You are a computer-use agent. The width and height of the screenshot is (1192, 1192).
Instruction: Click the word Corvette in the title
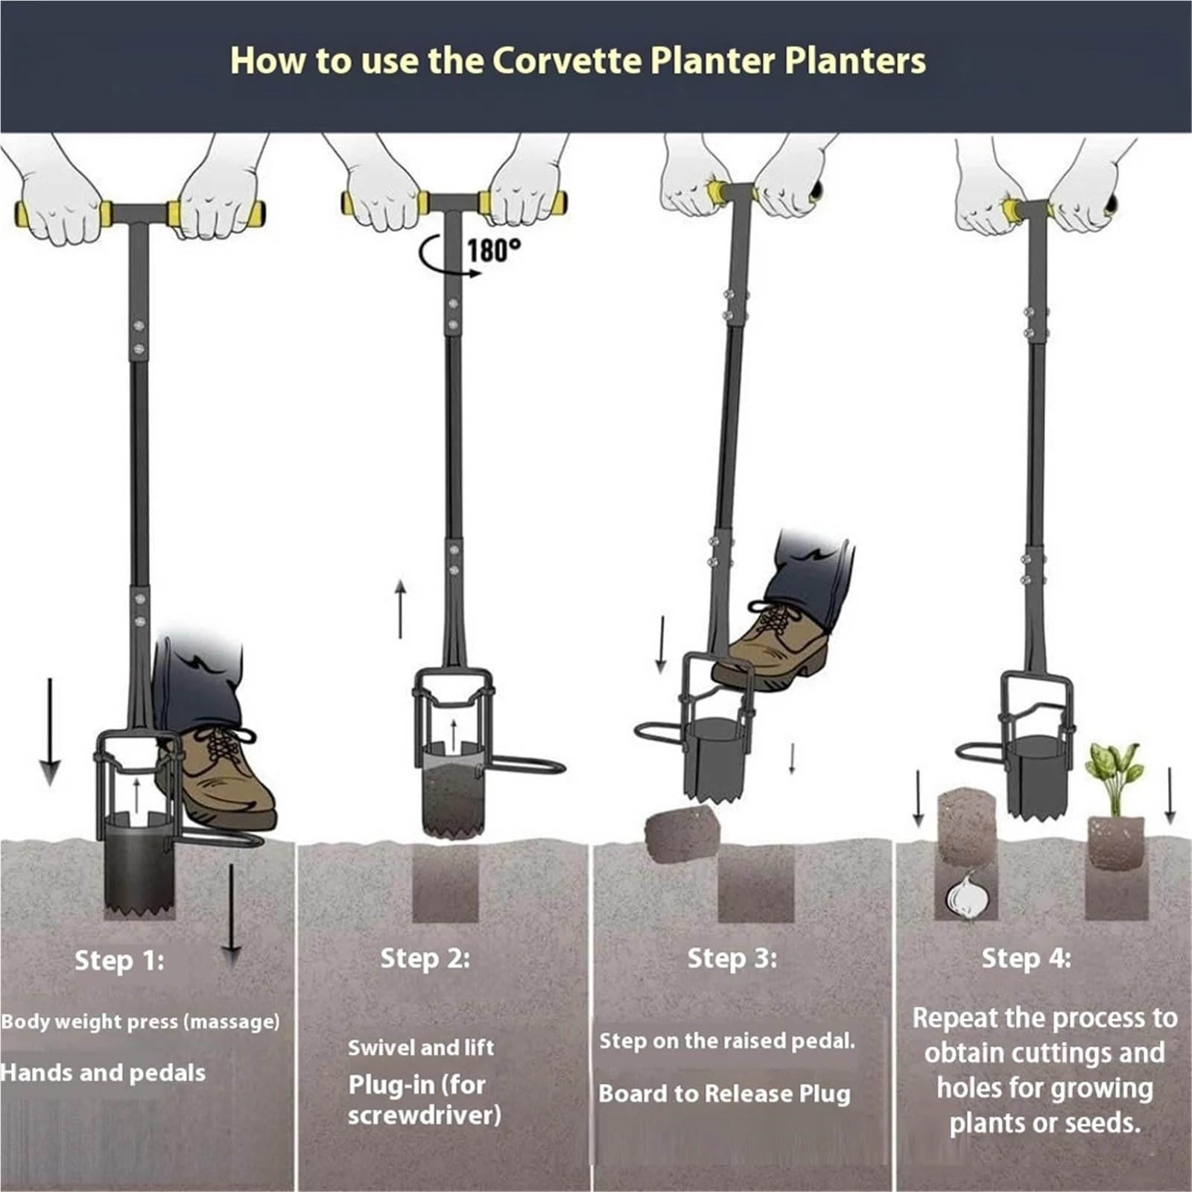point(566,60)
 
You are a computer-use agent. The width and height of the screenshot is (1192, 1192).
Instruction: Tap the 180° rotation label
point(494,250)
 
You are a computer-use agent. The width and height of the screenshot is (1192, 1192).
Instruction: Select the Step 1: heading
point(119,960)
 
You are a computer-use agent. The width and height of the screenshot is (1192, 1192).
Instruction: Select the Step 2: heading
point(425,958)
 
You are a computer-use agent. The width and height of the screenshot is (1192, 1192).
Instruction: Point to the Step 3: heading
point(732,958)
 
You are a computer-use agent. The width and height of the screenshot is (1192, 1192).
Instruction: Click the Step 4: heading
point(1026,958)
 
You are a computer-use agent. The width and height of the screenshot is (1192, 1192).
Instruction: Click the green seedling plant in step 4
point(1114,777)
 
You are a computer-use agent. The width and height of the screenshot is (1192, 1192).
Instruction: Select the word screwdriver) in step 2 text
point(425,1115)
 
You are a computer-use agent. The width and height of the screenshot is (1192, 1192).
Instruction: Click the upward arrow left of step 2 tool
point(401,609)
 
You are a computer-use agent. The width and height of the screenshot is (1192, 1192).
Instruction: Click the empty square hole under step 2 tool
point(446,883)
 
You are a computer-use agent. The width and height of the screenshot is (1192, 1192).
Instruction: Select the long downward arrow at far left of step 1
point(50,732)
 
